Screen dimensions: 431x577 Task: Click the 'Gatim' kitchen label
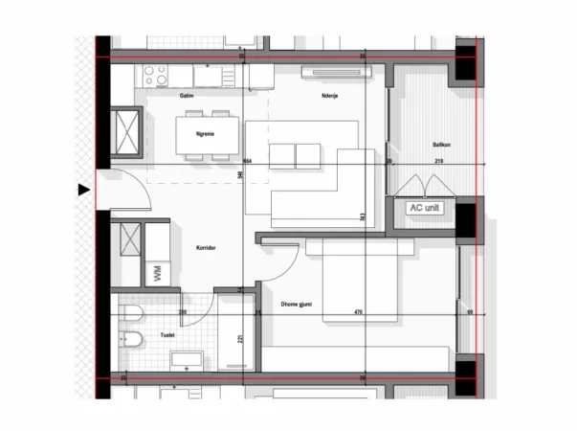click(x=187, y=96)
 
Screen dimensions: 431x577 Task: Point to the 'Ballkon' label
click(x=441, y=145)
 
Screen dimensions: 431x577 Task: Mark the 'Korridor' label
click(x=205, y=247)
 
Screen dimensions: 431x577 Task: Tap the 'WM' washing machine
click(x=157, y=273)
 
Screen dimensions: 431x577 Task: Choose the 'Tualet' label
click(x=167, y=335)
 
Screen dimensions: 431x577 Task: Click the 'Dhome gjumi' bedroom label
click(x=297, y=306)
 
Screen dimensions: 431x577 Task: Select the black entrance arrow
click(x=84, y=191)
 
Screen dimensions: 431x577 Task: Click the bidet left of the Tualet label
click(x=132, y=339)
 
